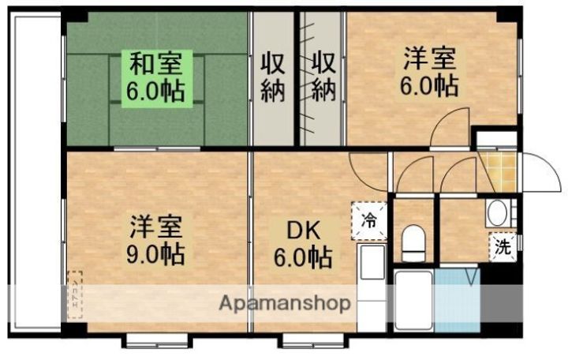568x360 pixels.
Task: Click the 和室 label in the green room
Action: coord(156,62)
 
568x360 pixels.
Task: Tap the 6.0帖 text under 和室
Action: coord(156,89)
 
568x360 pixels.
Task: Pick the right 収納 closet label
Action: coord(323,76)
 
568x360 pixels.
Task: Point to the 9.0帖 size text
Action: coord(157,254)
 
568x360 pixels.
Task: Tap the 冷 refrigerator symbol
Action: coord(368,220)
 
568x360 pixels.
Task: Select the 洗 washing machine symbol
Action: coord(503,246)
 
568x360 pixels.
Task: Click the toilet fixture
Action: coord(413,242)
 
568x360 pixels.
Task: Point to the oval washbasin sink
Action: coord(497,212)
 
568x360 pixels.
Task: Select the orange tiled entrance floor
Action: coord(499,172)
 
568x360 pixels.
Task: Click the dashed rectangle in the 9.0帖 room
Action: coord(75,292)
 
